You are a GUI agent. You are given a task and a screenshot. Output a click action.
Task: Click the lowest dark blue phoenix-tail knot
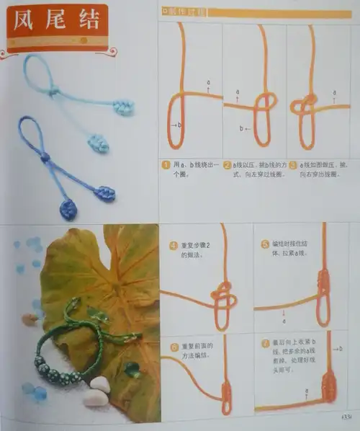[x=68, y=209]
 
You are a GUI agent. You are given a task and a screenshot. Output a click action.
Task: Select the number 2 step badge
[x=227, y=164]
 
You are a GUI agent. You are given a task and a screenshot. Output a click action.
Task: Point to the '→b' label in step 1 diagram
[x=176, y=125]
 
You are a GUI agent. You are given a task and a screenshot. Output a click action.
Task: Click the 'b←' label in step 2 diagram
[x=244, y=128]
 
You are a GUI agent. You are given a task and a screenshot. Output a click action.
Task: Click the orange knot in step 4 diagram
[x=222, y=296]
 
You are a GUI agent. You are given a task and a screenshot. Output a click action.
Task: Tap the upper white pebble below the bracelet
[x=100, y=384]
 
